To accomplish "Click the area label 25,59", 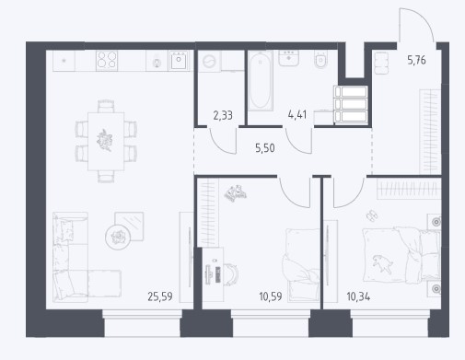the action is (x=160, y=296).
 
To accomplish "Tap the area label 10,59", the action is (x=271, y=296).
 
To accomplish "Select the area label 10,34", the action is (x=358, y=296).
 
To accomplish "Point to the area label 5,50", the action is (x=265, y=148).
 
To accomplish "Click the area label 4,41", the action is (x=297, y=114).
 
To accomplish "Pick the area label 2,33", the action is (x=223, y=116).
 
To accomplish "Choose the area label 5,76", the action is (x=416, y=60).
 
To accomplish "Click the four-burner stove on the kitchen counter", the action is (x=107, y=60).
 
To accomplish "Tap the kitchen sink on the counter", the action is (x=179, y=60).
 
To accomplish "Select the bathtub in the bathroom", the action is (x=261, y=80).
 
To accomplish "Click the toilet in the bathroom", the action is (x=321, y=59).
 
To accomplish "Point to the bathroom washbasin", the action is (x=289, y=58).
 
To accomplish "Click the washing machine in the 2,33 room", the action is (x=209, y=62).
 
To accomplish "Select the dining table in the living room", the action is (x=106, y=142).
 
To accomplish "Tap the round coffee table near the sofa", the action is (x=118, y=237).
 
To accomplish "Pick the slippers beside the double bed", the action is (x=372, y=215).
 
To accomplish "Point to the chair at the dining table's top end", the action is (x=106, y=106).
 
